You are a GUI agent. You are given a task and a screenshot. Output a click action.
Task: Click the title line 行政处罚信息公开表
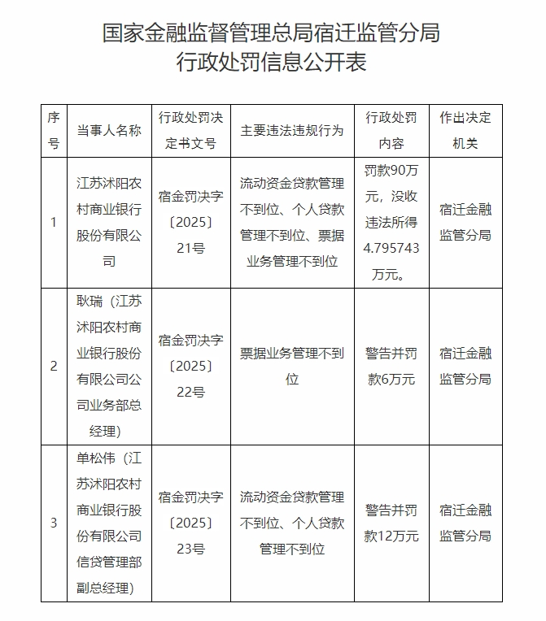(x=272, y=63)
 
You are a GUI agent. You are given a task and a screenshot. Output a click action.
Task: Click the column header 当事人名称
(x=109, y=131)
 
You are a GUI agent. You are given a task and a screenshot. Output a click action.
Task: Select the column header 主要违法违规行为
(x=292, y=131)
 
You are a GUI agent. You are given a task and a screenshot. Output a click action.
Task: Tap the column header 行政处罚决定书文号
(x=190, y=131)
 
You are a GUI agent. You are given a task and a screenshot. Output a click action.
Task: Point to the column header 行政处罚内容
(x=391, y=131)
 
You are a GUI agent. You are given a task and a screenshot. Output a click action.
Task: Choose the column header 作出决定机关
(x=465, y=131)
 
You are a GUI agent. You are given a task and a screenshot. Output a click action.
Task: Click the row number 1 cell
(x=54, y=223)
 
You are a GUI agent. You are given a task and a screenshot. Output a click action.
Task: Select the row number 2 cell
(x=54, y=366)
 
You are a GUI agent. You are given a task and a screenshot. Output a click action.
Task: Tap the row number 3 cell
(x=54, y=523)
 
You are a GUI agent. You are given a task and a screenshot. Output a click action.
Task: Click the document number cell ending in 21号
(x=190, y=223)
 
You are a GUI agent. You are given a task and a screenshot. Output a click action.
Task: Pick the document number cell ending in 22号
(x=190, y=366)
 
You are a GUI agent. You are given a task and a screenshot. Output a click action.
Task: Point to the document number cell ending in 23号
(x=190, y=523)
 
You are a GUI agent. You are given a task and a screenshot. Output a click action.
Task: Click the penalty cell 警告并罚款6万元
(x=391, y=366)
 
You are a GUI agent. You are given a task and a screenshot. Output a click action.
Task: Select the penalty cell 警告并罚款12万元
(x=391, y=523)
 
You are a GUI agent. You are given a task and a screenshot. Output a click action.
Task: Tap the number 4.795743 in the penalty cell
(x=391, y=249)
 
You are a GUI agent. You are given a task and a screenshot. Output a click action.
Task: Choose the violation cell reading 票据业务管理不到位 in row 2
(x=292, y=366)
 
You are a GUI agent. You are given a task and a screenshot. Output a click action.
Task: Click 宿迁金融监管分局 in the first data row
(x=465, y=223)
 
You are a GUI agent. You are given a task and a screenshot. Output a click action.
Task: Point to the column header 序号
(x=54, y=131)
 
